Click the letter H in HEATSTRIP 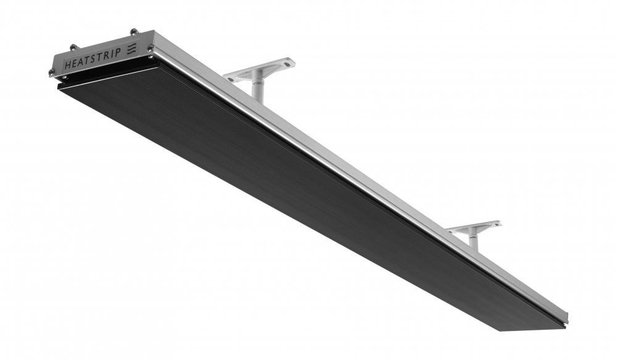click(x=67, y=65)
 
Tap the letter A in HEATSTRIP click(x=81, y=62)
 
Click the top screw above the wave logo click(x=134, y=31)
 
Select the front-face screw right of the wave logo click(x=151, y=48)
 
